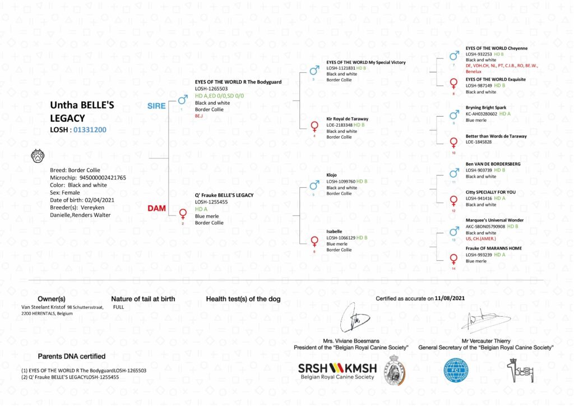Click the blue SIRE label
156,106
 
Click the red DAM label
156,208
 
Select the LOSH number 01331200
90,130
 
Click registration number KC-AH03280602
482,114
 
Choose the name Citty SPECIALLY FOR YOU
490,192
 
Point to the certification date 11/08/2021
450,299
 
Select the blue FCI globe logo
456,371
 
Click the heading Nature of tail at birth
143,299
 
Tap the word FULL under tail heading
118,307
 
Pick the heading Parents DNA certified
71,356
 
